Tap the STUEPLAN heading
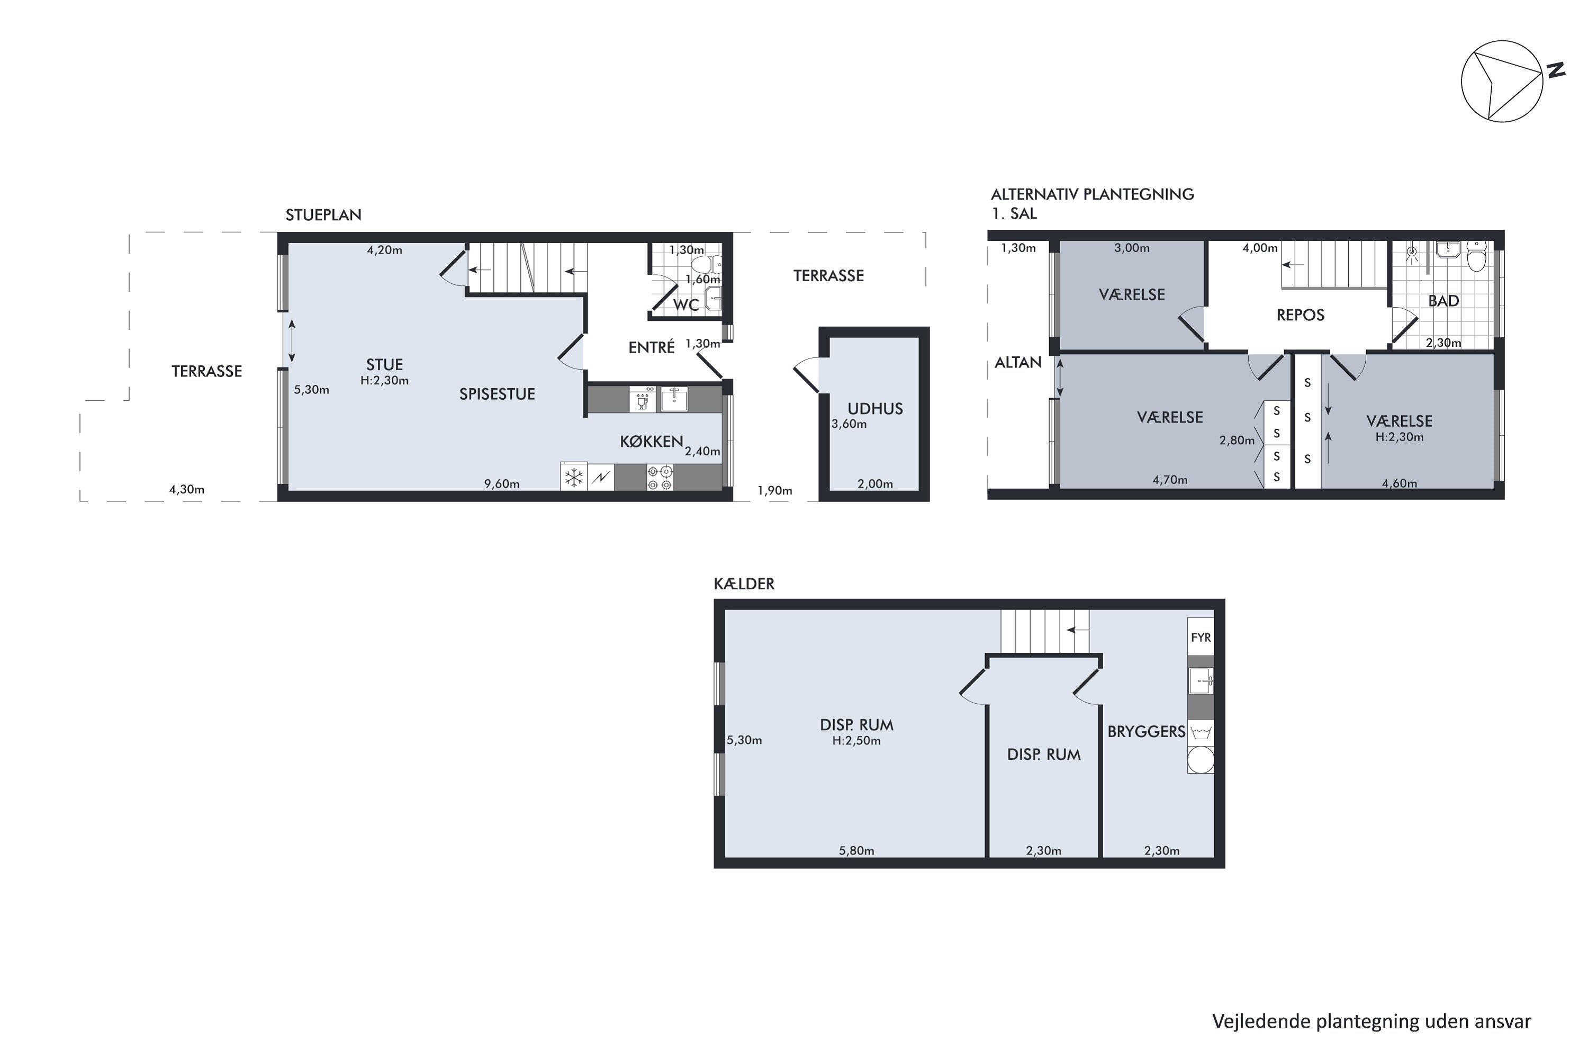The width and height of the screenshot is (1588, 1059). (323, 216)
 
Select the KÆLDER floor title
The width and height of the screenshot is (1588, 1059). (744, 584)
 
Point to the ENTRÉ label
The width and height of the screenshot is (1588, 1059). (652, 347)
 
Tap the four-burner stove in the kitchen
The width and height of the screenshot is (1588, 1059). (660, 478)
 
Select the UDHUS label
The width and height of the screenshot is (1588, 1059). (875, 409)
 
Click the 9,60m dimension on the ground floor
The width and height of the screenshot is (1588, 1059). (502, 483)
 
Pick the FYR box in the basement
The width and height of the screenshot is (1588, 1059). (1201, 637)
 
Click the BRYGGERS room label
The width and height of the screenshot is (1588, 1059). (1147, 731)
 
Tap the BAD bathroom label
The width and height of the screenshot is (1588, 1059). (1443, 301)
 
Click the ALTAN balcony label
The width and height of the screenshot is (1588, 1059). (1018, 363)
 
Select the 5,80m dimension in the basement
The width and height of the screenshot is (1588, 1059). (856, 851)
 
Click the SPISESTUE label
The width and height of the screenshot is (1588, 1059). (497, 394)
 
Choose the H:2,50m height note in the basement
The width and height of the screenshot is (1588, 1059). (856, 741)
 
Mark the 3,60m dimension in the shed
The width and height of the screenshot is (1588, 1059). (849, 424)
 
